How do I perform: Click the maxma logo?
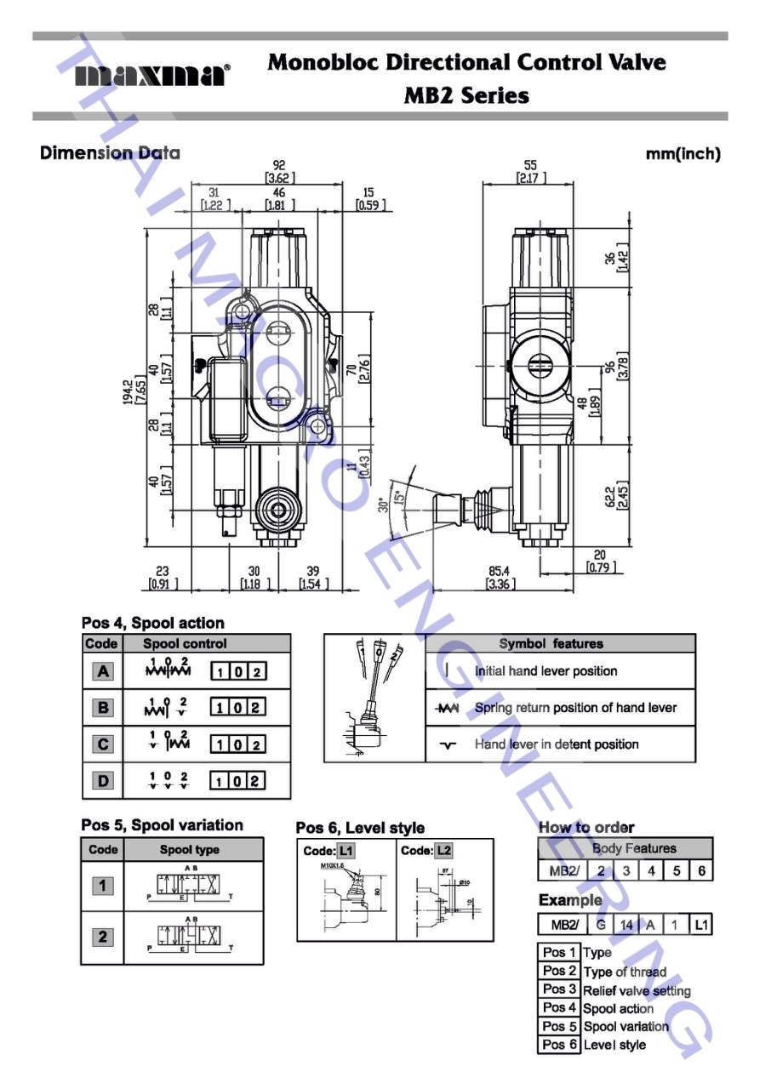(152, 76)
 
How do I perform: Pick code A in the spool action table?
(103, 671)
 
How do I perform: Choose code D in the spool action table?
(103, 781)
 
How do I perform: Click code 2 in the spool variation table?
(103, 937)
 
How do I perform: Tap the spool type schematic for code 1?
(193, 887)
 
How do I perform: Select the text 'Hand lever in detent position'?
(557, 744)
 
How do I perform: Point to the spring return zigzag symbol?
(447, 708)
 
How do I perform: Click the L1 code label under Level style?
(346, 851)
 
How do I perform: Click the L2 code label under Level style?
(443, 851)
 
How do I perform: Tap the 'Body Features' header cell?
(634, 848)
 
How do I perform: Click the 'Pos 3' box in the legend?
(560, 989)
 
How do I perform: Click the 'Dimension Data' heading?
(110, 154)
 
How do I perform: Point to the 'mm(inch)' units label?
(688, 154)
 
